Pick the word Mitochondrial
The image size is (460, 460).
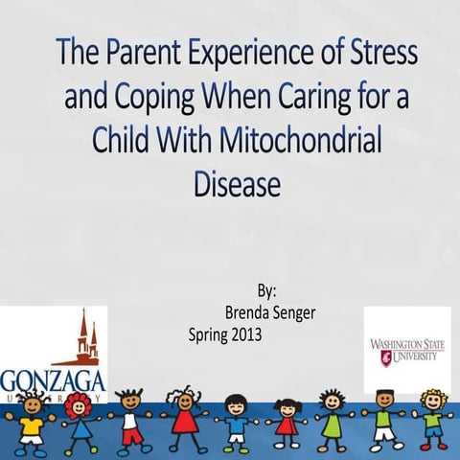pyautogui.click(x=292, y=140)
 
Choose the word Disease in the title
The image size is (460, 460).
pyautogui.click(x=229, y=182)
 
